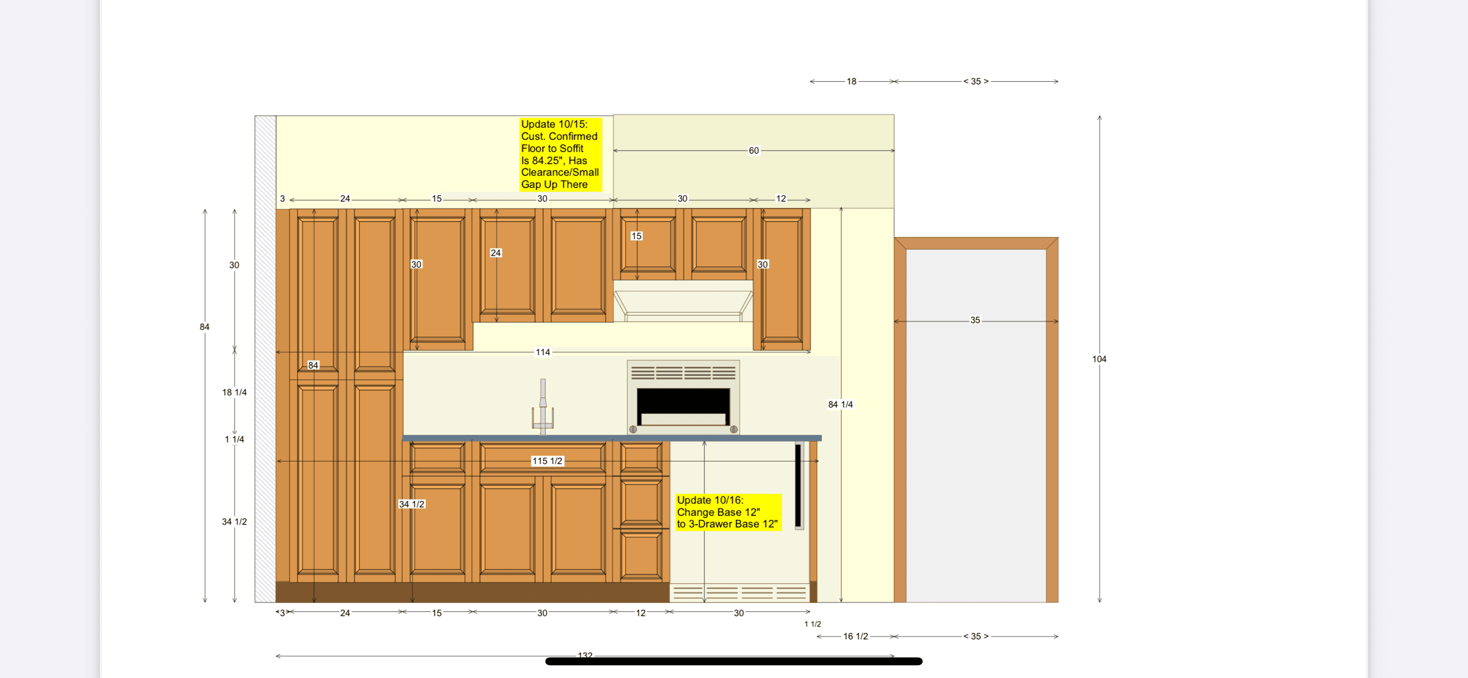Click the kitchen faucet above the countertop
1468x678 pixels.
[x=543, y=408]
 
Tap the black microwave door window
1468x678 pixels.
[x=683, y=401]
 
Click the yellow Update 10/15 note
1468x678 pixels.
[x=560, y=154]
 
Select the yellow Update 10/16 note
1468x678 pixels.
[x=727, y=512]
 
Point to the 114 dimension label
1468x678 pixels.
[x=543, y=352]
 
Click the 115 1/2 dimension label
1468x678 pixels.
[x=547, y=461]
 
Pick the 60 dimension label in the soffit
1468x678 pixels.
[x=754, y=151]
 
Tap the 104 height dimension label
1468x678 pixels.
[x=1099, y=359]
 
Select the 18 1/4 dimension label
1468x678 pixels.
[x=234, y=392]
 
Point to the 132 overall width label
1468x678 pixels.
[x=584, y=655]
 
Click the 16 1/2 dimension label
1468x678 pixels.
[x=856, y=636]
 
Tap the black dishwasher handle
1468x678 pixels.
[x=798, y=486]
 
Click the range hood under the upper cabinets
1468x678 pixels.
[x=683, y=303]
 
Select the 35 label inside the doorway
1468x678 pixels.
[x=975, y=321]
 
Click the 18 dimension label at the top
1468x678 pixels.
[x=851, y=81]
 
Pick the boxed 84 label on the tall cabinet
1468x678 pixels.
[x=313, y=365]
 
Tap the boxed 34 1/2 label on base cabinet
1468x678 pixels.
[x=412, y=504]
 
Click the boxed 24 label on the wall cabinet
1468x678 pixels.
[x=495, y=253]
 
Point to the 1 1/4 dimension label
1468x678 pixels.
[x=234, y=439]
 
